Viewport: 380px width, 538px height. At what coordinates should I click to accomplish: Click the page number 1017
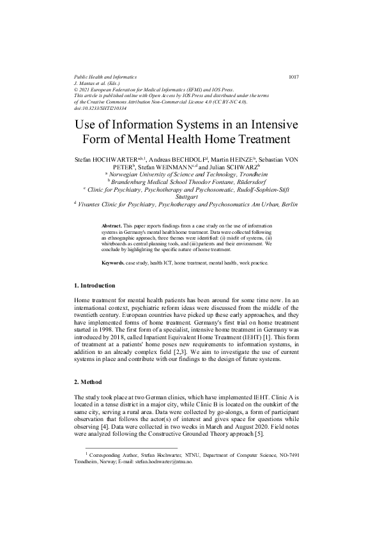point(294,77)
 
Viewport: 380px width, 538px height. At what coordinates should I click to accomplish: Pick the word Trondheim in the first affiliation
point(247,174)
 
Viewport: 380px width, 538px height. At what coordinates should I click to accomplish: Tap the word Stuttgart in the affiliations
point(190,197)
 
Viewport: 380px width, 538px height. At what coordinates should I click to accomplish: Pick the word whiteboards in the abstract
point(118,243)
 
